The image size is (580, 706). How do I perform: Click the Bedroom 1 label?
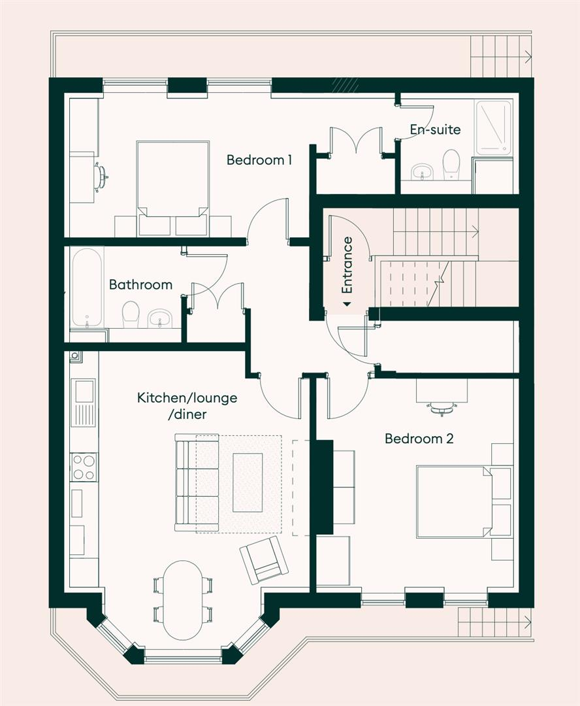click(259, 160)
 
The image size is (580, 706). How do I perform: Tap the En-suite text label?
click(435, 129)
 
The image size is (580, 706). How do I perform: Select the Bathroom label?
click(140, 284)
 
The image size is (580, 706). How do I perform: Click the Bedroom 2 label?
click(419, 439)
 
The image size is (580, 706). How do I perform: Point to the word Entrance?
click(347, 265)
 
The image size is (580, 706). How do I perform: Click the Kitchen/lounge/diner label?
click(187, 405)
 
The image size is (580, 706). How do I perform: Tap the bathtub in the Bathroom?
click(86, 286)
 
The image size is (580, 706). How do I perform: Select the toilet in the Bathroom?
click(131, 314)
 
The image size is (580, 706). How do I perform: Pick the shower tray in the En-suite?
click(494, 127)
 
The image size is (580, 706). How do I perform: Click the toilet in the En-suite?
click(451, 165)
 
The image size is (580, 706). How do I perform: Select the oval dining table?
click(182, 599)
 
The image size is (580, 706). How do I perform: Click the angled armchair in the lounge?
click(264, 560)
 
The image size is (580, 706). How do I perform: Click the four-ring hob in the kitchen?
click(84, 467)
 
